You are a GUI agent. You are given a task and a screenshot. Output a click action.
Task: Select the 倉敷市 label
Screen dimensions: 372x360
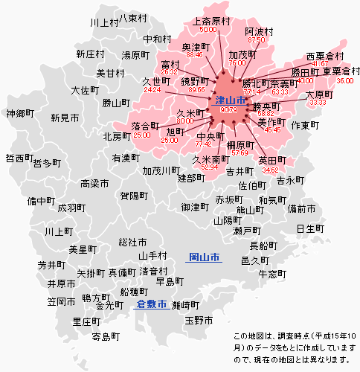point(151,304)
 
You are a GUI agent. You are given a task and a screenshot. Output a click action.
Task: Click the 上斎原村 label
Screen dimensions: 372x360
point(210,21)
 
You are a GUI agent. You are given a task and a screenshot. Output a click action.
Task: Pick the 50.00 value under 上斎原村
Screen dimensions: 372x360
point(208,30)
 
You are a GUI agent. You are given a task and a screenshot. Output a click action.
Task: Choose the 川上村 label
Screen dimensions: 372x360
point(104,23)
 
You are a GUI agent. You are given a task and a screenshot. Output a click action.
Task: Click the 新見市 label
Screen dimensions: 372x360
point(65,118)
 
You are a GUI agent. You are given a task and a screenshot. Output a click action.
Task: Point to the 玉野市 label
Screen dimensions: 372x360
point(199,320)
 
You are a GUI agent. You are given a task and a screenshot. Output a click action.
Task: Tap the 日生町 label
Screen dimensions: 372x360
point(310,228)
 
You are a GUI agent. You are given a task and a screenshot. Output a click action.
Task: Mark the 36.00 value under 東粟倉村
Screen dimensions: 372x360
point(344,80)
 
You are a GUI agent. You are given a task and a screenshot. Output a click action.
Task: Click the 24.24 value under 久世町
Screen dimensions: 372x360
point(152,90)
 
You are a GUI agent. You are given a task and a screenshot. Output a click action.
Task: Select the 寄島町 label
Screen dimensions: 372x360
point(105,336)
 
